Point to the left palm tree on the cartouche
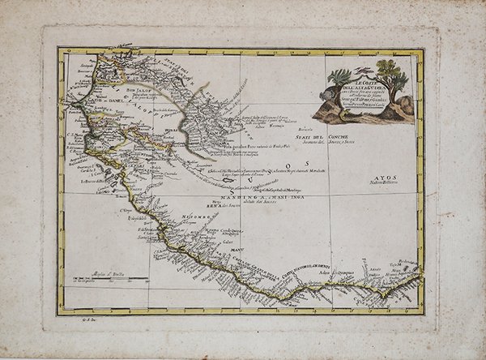point(339,81)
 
